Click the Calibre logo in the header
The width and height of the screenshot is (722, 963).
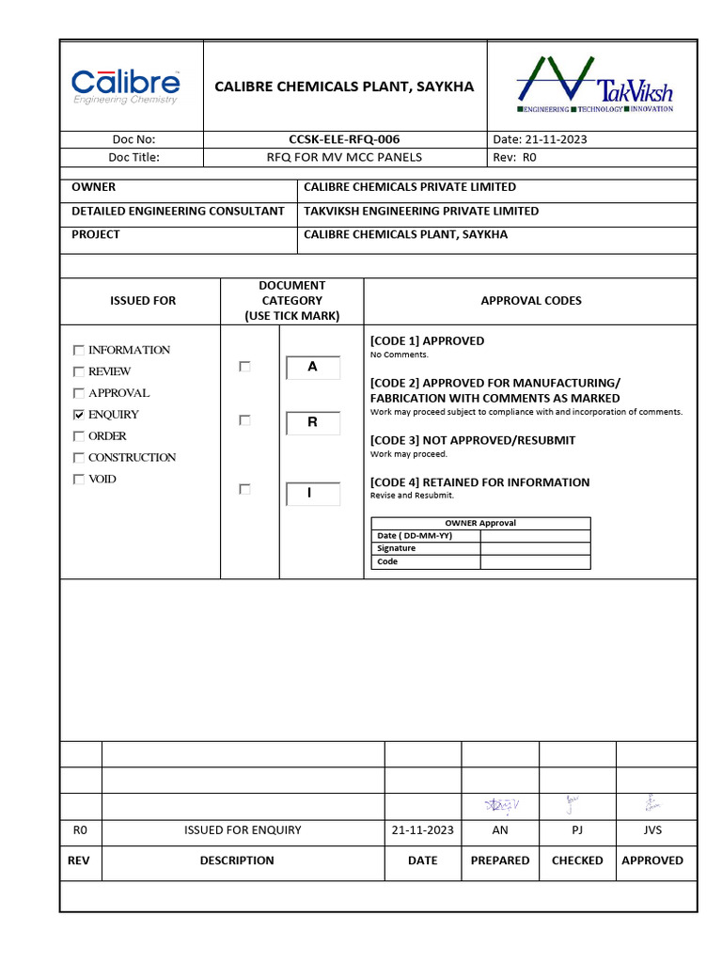(126, 86)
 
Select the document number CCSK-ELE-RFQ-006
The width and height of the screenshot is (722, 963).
(344, 139)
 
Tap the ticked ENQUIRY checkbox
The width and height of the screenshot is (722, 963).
(79, 415)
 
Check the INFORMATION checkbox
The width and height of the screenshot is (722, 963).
(79, 350)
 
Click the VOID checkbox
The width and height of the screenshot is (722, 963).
(79, 480)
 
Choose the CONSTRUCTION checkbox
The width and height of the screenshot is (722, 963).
(79, 458)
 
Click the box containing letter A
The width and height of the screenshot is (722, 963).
(312, 368)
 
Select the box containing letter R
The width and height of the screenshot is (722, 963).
(312, 423)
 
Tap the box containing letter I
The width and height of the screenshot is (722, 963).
(312, 493)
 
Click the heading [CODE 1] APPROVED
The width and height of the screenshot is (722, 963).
(427, 340)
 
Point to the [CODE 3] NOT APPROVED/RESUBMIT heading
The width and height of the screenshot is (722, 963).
(472, 440)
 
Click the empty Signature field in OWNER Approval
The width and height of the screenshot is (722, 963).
(535, 548)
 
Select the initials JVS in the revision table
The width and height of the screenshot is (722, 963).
(651, 830)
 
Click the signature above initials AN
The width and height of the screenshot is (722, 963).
(500, 805)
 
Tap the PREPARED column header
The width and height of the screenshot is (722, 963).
(500, 860)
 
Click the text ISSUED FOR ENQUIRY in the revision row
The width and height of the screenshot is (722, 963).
(243, 830)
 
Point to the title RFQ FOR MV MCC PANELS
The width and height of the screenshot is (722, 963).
(344, 157)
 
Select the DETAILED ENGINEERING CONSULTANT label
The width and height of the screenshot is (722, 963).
(178, 212)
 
